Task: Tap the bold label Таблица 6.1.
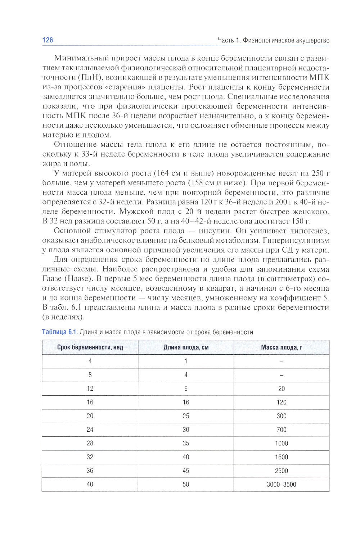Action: (60, 332)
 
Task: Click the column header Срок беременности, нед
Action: (90, 348)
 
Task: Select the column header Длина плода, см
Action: (186, 348)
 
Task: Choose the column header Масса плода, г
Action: (282, 348)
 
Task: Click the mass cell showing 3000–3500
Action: (282, 484)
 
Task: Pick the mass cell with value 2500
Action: (282, 471)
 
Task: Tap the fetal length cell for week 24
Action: (186, 430)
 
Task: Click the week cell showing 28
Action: (90, 443)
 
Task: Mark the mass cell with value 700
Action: (282, 430)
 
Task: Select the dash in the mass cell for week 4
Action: (282, 361)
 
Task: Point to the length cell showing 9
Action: (186, 389)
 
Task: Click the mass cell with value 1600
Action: (282, 457)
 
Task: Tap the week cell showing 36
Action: (90, 471)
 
